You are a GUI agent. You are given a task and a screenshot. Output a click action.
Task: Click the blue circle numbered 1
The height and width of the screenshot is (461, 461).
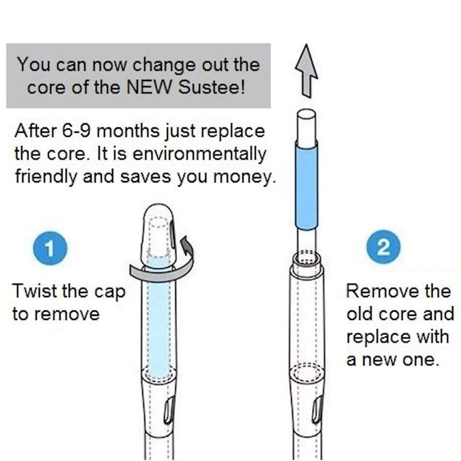click(50, 249)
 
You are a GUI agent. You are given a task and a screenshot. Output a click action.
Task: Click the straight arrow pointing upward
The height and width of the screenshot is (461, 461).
click(306, 71)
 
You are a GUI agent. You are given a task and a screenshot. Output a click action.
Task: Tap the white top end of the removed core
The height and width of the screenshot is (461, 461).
click(306, 127)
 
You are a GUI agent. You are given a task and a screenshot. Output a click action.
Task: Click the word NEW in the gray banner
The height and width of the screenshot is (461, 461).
click(150, 87)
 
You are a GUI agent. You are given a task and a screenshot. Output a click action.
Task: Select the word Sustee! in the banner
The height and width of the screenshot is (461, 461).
click(212, 87)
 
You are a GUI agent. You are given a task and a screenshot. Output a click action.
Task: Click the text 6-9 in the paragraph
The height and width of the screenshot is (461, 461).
click(77, 131)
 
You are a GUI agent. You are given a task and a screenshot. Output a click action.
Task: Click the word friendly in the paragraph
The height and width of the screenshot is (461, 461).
click(45, 177)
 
